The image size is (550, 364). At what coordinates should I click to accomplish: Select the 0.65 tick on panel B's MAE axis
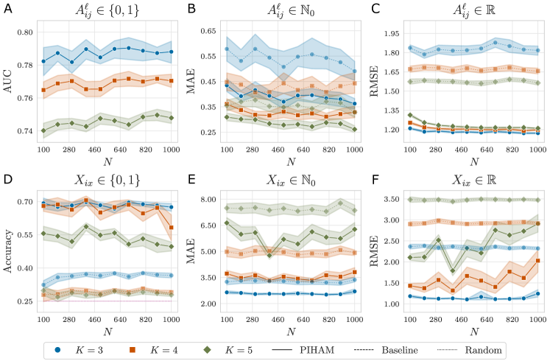click(210, 31)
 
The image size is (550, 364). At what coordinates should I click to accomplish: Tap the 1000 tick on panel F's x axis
click(536, 312)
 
